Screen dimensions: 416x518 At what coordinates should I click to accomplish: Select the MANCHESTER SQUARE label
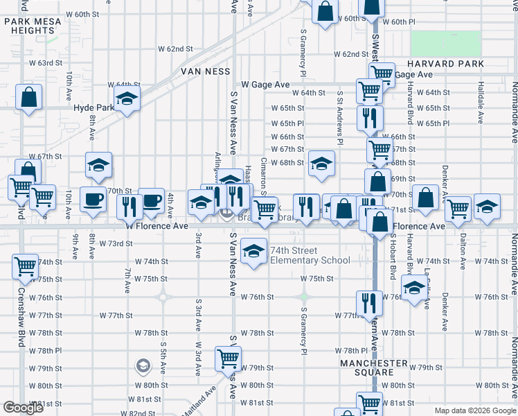point(373,367)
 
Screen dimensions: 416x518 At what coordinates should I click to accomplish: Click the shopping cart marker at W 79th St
point(228,358)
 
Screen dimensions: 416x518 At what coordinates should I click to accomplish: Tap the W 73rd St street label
point(115,244)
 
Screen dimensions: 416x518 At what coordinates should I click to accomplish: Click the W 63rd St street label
point(46,63)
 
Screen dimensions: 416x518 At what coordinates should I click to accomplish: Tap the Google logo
point(24,408)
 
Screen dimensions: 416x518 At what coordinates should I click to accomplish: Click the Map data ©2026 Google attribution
point(474,410)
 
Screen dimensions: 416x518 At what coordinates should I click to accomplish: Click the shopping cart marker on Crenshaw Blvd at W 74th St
point(26,266)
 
